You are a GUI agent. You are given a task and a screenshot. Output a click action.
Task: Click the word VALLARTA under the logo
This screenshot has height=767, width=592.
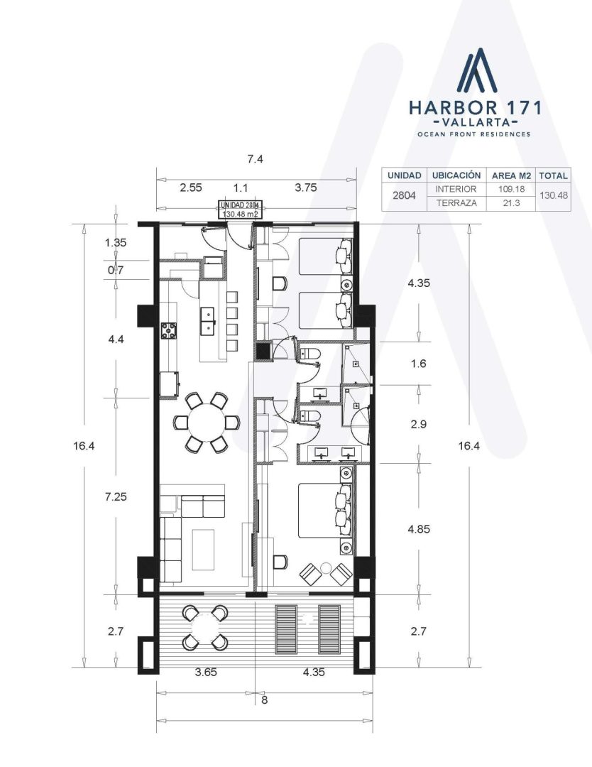[x=475, y=121]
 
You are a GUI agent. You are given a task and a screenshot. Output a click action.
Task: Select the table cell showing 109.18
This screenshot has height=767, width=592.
[x=511, y=189]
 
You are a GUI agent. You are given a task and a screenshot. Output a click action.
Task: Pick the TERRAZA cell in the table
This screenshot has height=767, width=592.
[x=456, y=203]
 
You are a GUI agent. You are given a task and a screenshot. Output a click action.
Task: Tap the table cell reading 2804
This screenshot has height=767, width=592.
[x=405, y=196]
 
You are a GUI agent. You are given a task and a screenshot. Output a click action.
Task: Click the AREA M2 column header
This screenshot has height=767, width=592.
[x=511, y=175]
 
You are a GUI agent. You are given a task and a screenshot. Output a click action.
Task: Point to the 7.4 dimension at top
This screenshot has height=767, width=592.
[x=255, y=159]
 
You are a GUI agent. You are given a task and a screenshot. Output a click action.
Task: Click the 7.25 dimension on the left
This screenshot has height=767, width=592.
[x=116, y=497]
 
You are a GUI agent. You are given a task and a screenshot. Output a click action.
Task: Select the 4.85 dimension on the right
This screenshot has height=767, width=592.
[x=419, y=529]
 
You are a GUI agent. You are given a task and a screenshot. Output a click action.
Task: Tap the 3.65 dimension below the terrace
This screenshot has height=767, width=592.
[x=206, y=672]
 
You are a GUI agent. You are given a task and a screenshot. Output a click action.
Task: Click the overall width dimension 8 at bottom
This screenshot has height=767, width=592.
[x=265, y=700]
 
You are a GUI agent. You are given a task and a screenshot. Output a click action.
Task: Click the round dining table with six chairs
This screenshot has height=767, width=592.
[x=207, y=422]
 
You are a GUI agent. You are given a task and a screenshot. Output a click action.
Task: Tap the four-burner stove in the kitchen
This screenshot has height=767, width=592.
[x=169, y=331]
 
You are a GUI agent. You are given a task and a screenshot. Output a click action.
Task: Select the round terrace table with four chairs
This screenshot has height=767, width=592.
[x=205, y=627]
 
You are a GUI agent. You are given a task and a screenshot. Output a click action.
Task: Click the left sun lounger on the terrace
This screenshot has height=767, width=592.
[x=286, y=629]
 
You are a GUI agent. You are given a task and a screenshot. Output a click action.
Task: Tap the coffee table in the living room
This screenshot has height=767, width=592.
[x=203, y=549]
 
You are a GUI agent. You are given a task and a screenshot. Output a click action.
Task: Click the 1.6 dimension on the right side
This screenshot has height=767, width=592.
[x=419, y=364]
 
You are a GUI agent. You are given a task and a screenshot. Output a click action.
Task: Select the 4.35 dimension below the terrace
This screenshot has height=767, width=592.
[x=314, y=672]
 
